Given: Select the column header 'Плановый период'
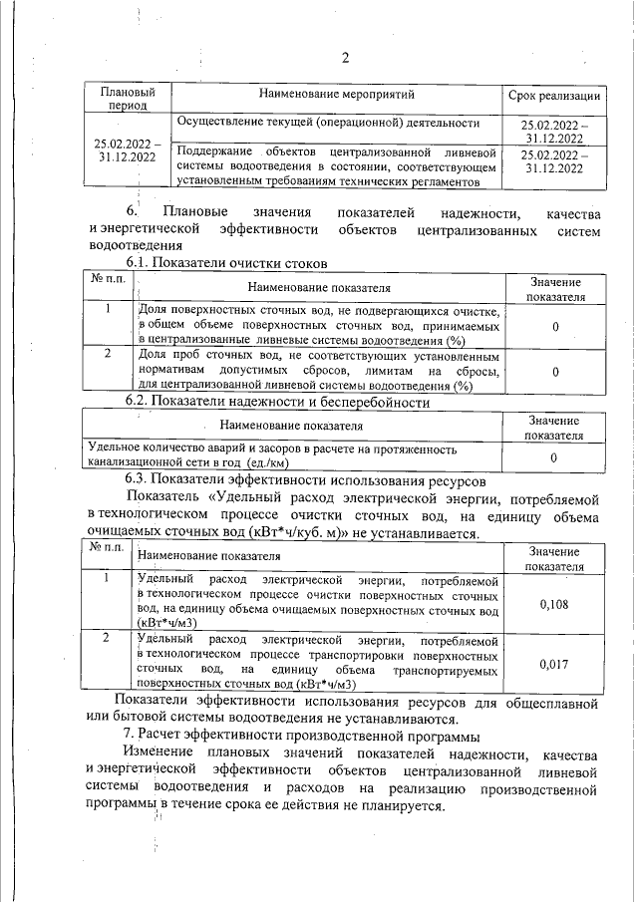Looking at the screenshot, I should (126, 98).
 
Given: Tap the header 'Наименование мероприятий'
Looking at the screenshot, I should (336, 94).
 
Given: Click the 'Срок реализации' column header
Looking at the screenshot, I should (553, 96).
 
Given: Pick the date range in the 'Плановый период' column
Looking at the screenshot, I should (126, 150).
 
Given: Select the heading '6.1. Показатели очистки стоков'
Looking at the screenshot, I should (233, 262).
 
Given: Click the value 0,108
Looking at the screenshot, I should (553, 604).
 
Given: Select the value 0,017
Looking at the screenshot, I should (553, 663).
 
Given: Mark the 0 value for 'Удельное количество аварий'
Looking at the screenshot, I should (553, 457).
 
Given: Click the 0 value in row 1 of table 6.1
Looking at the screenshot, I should (553, 326).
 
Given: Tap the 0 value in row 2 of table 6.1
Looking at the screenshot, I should (553, 371).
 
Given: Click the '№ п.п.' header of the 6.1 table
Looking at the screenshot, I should (108, 279).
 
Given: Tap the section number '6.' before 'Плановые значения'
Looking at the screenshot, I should (133, 213).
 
